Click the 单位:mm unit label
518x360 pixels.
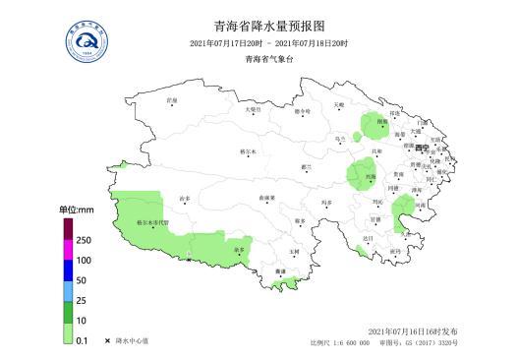76,210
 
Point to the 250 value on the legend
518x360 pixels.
84,241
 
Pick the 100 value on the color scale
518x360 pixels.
84,261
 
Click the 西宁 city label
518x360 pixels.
422,148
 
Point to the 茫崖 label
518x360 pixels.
172,100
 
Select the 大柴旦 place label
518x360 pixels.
253,110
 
